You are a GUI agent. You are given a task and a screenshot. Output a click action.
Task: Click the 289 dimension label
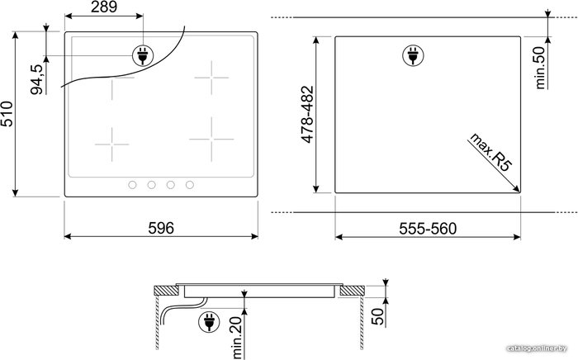pos(104,7)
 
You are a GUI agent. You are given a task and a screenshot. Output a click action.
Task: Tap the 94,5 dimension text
pos(37,79)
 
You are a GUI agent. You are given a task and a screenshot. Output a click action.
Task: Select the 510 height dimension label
pos(7,114)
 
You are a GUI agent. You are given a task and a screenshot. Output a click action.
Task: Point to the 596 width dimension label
pos(161,228)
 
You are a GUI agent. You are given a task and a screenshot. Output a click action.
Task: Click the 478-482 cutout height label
pos(307,114)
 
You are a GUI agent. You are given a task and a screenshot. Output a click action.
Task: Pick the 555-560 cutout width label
pos(428,229)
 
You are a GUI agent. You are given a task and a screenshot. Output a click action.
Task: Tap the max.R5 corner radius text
pos(490,152)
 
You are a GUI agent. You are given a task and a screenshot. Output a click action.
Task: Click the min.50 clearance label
pos(540,68)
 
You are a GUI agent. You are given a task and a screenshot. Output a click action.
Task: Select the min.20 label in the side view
pos(238,338)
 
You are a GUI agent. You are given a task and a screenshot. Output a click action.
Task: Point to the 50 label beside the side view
pos(377,317)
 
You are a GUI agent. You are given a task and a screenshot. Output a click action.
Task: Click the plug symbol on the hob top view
pos(143,55)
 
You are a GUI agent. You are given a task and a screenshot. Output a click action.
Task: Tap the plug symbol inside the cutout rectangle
pos(413,55)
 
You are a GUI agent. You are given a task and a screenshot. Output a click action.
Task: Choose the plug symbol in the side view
pos(209,322)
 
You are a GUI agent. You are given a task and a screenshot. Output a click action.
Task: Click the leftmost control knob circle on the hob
pos(132,185)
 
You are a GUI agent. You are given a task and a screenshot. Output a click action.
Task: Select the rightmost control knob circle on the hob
pos(190,185)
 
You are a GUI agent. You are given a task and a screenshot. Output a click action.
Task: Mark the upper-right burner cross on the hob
pos(211,78)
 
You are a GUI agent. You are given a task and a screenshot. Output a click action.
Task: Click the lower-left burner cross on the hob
pos(111,144)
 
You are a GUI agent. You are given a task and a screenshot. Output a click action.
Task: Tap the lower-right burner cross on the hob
pos(211,140)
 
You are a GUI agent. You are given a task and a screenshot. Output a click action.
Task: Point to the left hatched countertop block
pos(166,291)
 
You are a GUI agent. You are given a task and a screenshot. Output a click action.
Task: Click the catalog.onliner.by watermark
pos(537,348)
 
